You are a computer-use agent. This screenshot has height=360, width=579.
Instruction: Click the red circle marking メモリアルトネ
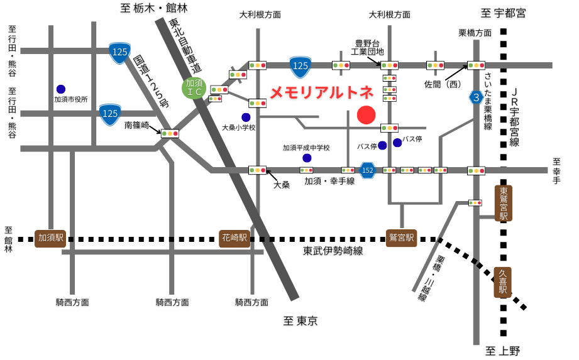366,115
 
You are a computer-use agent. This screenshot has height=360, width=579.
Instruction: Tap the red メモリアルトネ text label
321,92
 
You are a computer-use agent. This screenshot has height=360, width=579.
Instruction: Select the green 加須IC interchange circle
194,87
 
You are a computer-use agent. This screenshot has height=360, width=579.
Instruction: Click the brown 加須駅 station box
51,238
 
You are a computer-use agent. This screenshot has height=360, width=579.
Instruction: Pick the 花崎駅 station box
235,238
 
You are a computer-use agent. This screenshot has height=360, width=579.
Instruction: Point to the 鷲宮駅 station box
402,238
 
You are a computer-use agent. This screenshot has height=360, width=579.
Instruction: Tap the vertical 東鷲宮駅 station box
503,203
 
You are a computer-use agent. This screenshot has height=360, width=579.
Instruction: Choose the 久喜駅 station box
503,282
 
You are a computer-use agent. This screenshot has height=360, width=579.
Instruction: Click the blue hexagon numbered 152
368,170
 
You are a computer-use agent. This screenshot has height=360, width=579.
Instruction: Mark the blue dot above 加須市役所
61,89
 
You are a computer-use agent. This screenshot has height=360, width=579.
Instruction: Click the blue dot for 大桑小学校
246,117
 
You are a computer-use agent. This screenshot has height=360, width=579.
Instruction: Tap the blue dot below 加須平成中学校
307,158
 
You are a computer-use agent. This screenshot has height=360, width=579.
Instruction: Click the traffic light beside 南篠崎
170,133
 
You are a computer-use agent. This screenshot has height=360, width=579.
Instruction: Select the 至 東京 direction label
300,322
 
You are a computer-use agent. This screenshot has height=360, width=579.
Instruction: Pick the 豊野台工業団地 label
367,47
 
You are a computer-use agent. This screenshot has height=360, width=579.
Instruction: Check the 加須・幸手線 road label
329,182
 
